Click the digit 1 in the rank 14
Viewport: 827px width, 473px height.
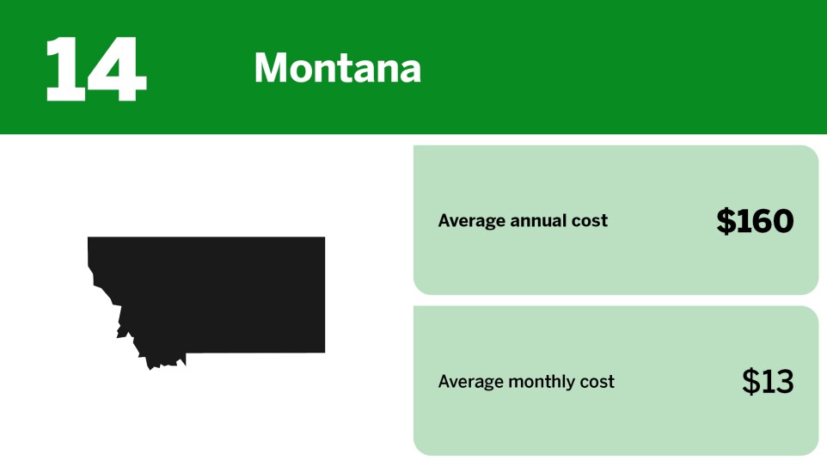[64, 69]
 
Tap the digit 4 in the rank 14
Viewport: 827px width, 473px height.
[116, 69]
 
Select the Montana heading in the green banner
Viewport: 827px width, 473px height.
[337, 68]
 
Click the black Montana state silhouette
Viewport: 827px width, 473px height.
[224, 292]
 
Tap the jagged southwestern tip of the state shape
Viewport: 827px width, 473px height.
[153, 365]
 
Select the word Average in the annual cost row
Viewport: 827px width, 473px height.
[470, 221]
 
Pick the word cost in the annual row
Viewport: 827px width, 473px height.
[590, 221]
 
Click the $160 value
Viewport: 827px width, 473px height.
[755, 222]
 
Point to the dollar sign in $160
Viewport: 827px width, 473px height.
[726, 222]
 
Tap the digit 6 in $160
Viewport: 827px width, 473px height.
[760, 222]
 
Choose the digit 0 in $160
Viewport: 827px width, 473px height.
[781, 222]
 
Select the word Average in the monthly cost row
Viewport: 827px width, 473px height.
[470, 382]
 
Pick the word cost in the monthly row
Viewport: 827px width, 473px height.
[597, 382]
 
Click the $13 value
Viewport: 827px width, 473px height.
[768, 381]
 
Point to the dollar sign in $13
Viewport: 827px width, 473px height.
[750, 381]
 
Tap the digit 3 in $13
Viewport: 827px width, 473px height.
[783, 381]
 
